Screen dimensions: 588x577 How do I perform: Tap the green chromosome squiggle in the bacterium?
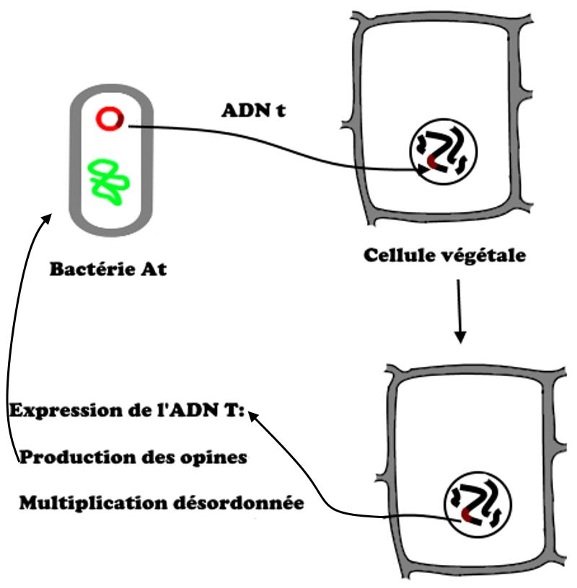click(x=109, y=179)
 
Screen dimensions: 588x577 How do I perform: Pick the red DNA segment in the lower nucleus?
click(x=466, y=514)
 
